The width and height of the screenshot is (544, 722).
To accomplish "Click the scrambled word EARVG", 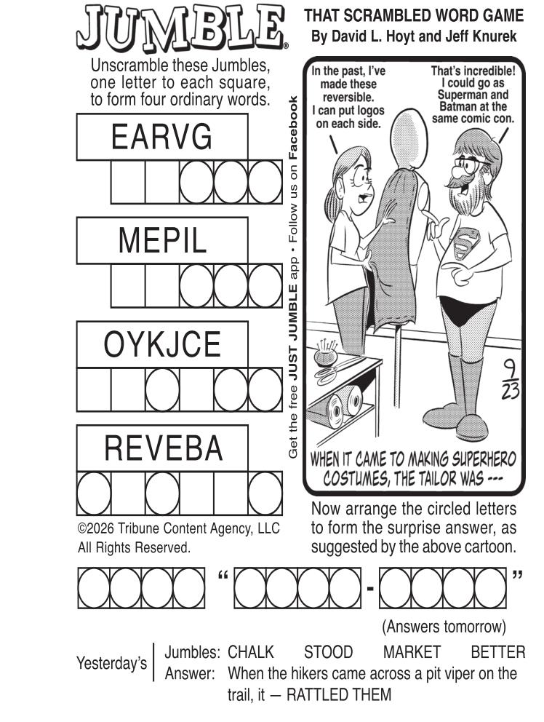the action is click(x=161, y=137).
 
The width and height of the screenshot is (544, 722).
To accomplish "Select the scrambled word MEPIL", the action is click(x=162, y=240).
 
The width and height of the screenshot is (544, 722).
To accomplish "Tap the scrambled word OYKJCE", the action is click(x=162, y=344).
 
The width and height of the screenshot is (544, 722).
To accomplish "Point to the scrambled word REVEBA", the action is click(x=164, y=448).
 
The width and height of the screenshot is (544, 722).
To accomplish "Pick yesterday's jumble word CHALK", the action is click(x=250, y=652).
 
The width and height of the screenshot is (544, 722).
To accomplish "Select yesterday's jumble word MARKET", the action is click(x=412, y=652).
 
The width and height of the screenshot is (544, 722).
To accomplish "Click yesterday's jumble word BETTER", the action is click(x=498, y=652).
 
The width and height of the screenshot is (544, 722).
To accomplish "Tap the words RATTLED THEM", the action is click(x=339, y=694).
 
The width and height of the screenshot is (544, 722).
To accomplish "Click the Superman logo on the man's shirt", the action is click(x=466, y=244).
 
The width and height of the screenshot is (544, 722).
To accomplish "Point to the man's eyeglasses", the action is click(x=471, y=165).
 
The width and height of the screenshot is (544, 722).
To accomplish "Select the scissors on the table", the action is click(x=340, y=369).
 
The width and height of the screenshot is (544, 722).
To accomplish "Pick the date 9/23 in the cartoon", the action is click(x=511, y=379).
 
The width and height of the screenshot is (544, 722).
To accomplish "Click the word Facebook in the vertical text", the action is click(x=292, y=127).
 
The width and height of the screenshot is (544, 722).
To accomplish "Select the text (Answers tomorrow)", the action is click(x=444, y=627).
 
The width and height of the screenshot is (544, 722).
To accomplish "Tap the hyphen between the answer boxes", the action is click(x=370, y=589).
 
